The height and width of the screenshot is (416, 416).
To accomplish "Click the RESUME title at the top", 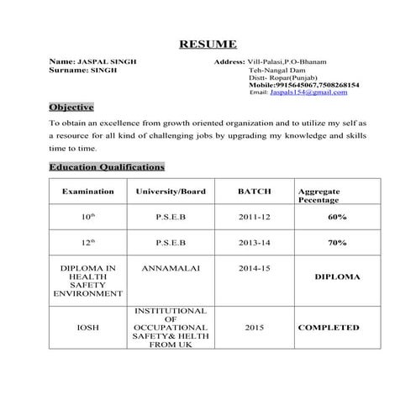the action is pos(208,44).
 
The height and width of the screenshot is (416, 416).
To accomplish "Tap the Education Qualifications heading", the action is pos(107,166).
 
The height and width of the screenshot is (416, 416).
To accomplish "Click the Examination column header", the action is pos(87,192).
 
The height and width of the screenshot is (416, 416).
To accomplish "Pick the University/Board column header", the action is pos(171,192).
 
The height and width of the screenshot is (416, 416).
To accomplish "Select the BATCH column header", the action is pos(254,192).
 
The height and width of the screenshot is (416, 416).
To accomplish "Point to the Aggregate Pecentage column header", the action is pos(319,196).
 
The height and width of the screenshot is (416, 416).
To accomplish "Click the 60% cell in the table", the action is pos(337,217).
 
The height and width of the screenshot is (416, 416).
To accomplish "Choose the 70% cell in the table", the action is pos(337,243).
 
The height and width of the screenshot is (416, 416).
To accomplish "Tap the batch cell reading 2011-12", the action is pos(254,217).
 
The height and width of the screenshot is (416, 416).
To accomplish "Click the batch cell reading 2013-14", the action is pos(254,243).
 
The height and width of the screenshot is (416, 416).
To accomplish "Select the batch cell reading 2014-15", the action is pos(254,269).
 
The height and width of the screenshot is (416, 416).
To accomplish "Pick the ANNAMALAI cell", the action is pos(171,269).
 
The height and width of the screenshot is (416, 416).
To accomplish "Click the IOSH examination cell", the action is pos(87,328).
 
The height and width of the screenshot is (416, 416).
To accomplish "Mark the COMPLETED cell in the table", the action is pos(329,328).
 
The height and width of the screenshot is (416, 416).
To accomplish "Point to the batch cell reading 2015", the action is pos(254,328).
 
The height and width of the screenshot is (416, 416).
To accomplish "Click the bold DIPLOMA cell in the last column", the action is pos(337,276).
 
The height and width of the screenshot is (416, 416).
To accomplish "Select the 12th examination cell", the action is pos(87,243).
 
